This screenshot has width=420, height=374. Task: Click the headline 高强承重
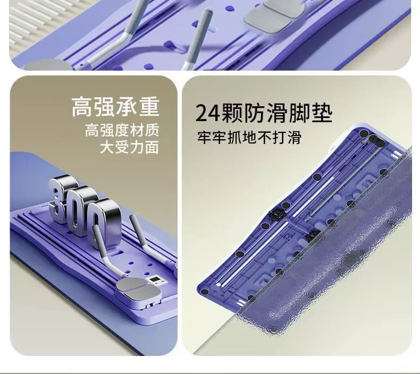[x=115, y=107]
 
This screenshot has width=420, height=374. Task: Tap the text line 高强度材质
[x=122, y=130]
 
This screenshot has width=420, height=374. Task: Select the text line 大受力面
[x=129, y=148]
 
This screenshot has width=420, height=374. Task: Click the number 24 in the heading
[x=208, y=114]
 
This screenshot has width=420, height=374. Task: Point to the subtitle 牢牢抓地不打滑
[x=249, y=138]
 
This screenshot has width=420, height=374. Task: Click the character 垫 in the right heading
[x=322, y=113]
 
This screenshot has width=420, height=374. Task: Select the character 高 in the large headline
[x=82, y=107]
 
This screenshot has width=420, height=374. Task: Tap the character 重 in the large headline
[x=149, y=107]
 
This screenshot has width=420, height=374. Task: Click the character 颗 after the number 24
[x=232, y=113]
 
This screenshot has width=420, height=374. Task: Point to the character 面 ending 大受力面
[x=152, y=148]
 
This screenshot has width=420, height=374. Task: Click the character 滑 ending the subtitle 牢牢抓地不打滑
[x=295, y=138]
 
